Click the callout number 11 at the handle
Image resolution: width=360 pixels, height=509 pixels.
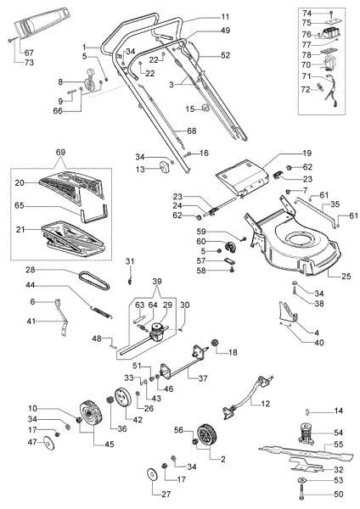[x=224, y=17]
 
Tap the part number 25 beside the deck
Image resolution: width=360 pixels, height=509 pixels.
[x=346, y=277]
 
